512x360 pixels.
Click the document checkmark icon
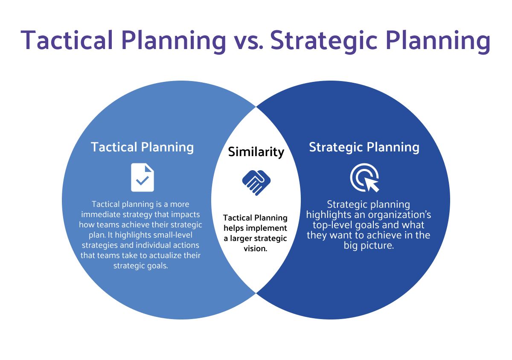click(142, 177)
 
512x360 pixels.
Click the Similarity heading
click(256, 152)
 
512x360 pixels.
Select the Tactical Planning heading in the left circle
click(142, 147)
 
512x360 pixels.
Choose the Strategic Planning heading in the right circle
click(364, 147)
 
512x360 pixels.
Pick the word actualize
click(164, 255)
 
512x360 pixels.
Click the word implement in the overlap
click(271, 228)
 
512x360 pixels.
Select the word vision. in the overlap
click(256, 249)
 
